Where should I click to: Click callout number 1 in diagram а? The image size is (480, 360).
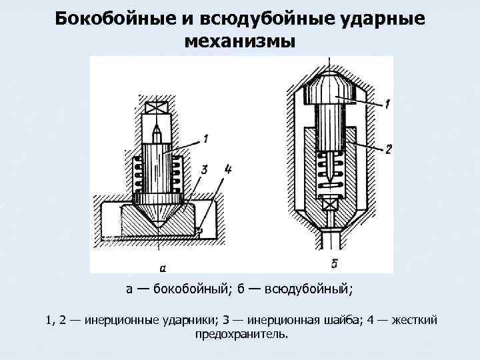(206, 139)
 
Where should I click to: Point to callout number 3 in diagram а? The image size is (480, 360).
(203, 170)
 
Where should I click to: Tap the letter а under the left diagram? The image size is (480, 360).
(163, 268)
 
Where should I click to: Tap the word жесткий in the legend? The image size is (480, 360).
(415, 320)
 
